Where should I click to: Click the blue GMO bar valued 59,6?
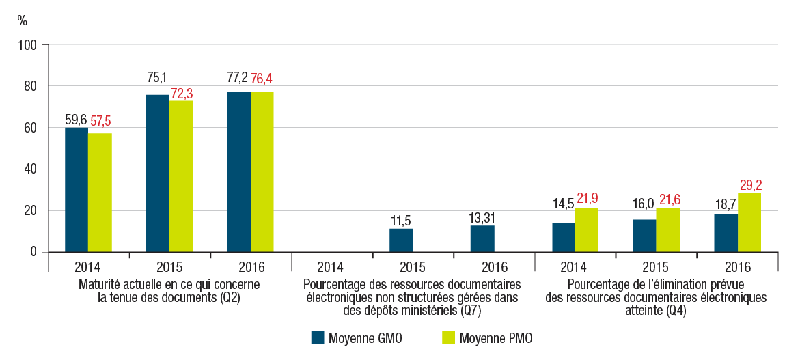[x=77, y=190]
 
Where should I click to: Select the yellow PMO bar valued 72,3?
[x=181, y=176]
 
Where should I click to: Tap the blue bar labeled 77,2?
[x=238, y=171]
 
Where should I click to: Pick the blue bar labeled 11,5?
[x=401, y=240]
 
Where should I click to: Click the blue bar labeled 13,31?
[x=482, y=238]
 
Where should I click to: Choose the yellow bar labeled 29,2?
[x=749, y=222]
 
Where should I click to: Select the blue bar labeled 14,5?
[x=564, y=237]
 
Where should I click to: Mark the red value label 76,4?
[x=262, y=79]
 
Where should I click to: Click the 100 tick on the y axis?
[x=31, y=45]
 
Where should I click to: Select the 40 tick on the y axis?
[x=33, y=169]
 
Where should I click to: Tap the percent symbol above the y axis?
[x=23, y=20]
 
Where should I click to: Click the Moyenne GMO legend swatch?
[x=317, y=337]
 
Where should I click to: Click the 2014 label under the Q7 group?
[x=331, y=267]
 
